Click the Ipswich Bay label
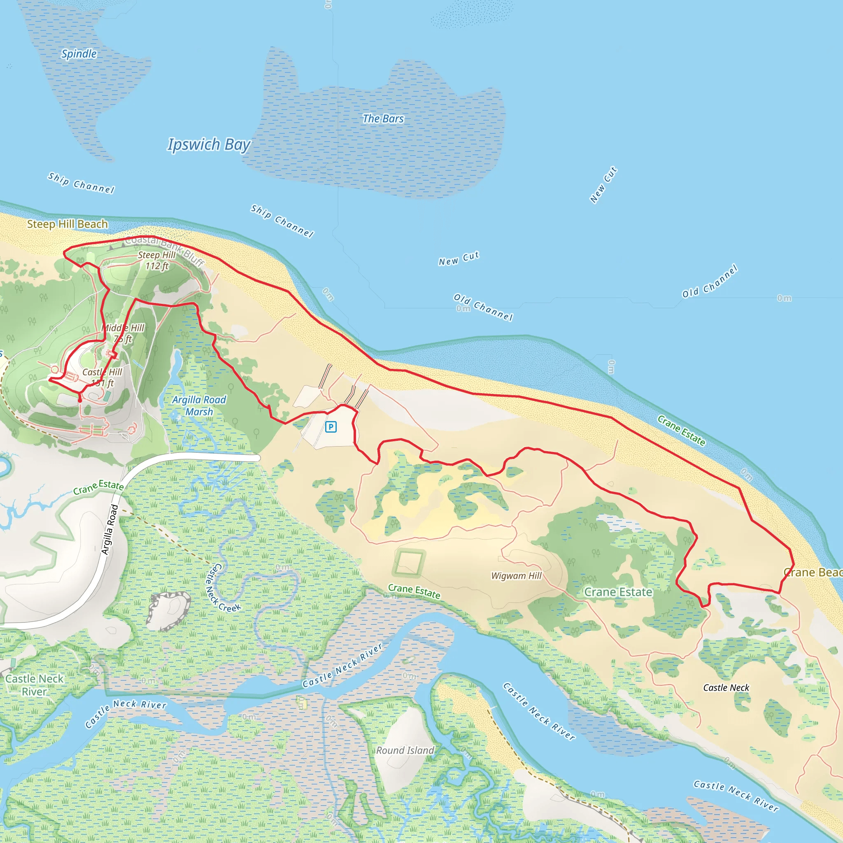click(x=209, y=144)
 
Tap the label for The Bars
click(x=383, y=119)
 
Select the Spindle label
click(x=79, y=54)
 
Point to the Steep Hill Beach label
click(x=67, y=224)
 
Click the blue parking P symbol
click(x=331, y=427)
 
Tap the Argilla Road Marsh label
click(x=199, y=406)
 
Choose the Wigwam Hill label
click(x=516, y=575)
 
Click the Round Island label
click(x=405, y=750)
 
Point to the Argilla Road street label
click(x=110, y=529)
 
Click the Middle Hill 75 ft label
click(x=123, y=333)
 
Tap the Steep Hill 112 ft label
click(x=157, y=261)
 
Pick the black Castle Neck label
click(x=726, y=688)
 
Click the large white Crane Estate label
click(x=618, y=592)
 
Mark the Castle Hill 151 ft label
click(x=102, y=377)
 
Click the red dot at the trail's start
click(x=80, y=400)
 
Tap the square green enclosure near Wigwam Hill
click(x=409, y=562)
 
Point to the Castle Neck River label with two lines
click(x=35, y=685)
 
